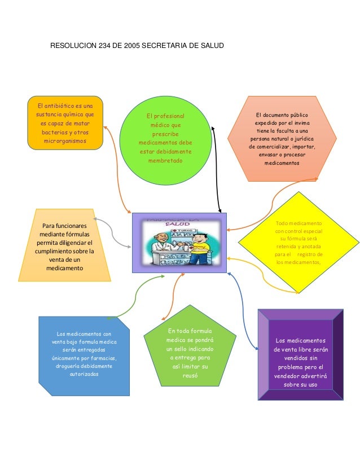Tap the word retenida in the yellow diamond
[x=289, y=246]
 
